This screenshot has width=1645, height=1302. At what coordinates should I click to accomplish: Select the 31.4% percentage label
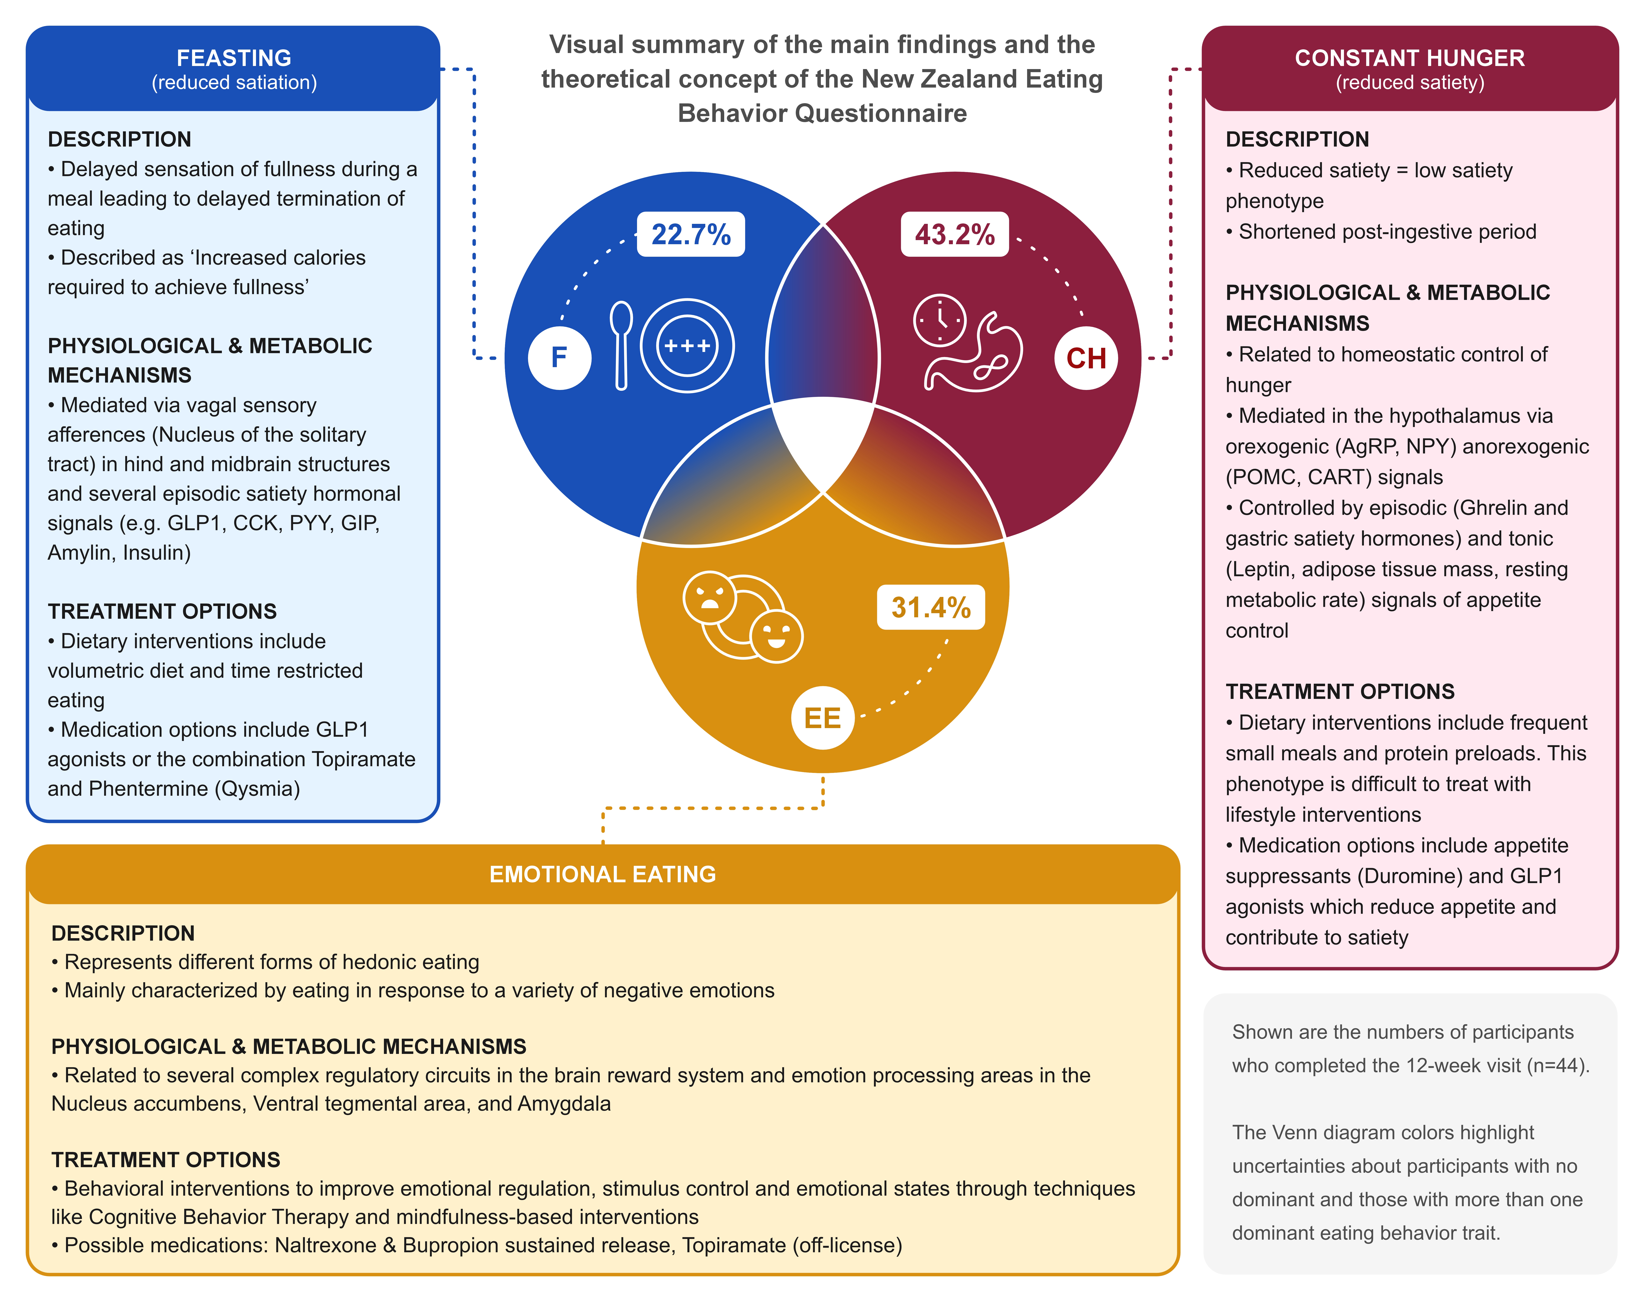[930, 608]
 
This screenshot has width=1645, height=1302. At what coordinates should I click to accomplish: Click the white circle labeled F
[559, 357]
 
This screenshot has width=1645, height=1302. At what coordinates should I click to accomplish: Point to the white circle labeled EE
[822, 717]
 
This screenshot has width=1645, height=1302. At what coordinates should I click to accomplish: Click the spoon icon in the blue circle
[622, 345]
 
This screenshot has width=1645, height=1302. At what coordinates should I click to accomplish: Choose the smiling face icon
[776, 636]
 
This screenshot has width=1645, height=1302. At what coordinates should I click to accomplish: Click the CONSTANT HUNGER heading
[1409, 58]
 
